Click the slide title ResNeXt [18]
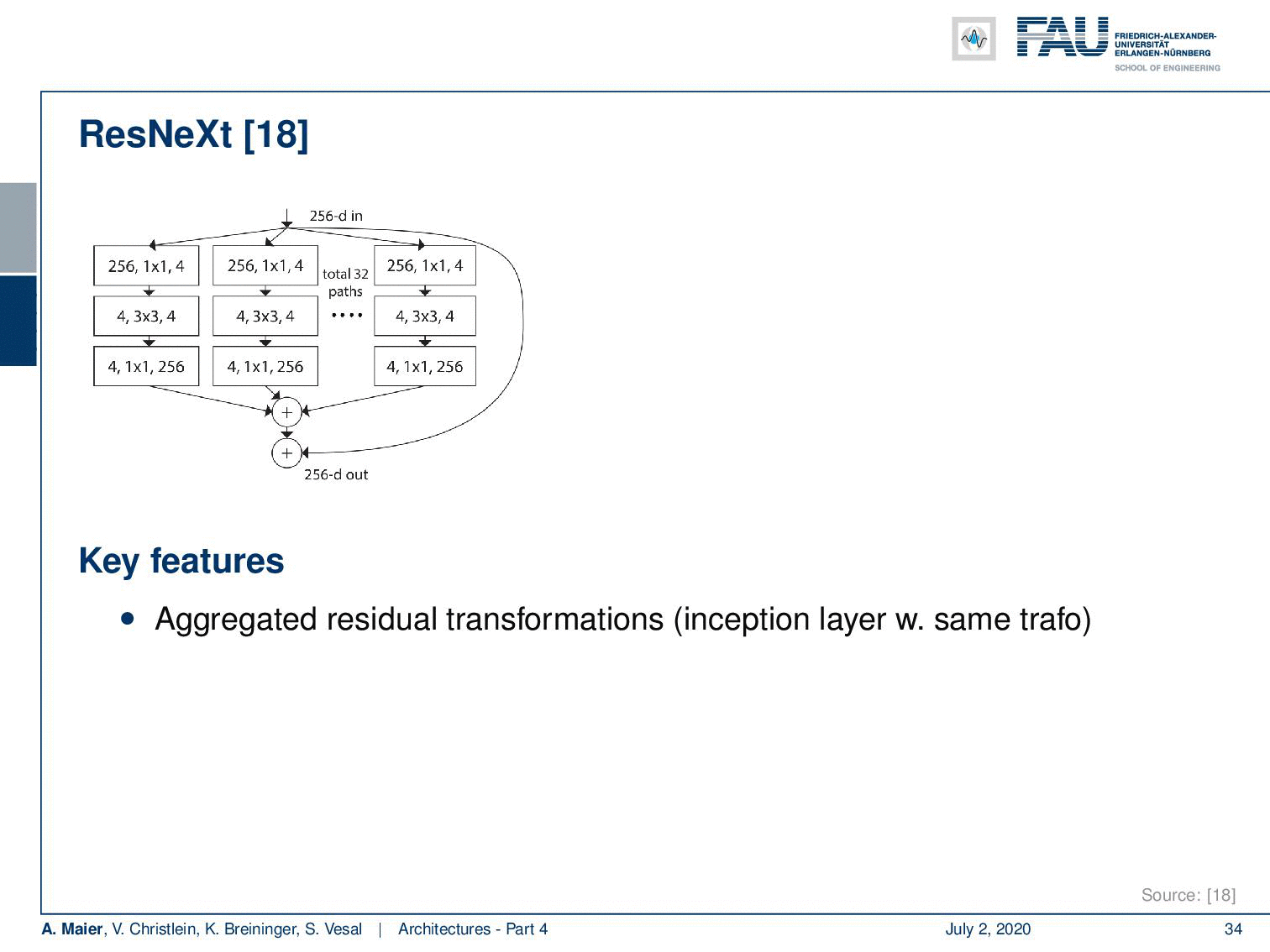tap(193, 134)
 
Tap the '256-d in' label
tap(336, 217)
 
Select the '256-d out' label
tap(336, 474)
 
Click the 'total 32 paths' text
tap(345, 283)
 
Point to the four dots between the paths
tap(347, 315)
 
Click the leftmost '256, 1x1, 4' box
tap(146, 266)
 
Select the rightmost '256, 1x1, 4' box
tap(425, 265)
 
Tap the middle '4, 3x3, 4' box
tap(265, 316)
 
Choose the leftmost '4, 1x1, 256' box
tap(146, 367)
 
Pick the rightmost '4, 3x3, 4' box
tap(425, 316)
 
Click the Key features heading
tap(181, 561)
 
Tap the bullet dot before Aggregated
tap(128, 619)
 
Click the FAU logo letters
tap(1063, 36)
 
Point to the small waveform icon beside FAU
tap(973, 39)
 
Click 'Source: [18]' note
tap(1189, 895)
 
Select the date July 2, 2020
tap(989, 928)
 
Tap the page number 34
tap(1233, 928)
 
